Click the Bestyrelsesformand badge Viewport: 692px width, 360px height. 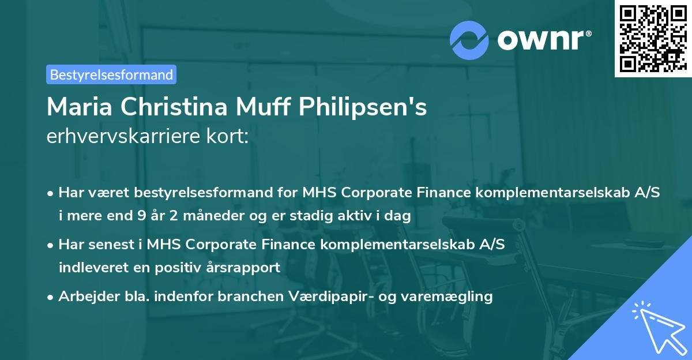111,74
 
